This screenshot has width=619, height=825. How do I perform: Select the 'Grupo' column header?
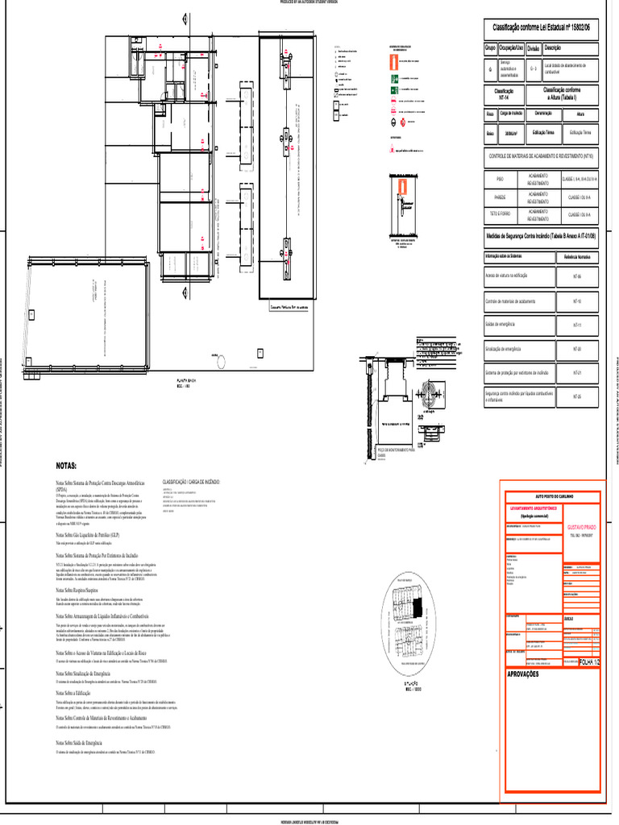click(490, 48)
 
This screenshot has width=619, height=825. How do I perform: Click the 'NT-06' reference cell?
click(576, 276)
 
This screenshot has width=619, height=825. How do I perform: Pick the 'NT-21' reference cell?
click(576, 373)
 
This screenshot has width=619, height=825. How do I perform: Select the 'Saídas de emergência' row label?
click(500, 324)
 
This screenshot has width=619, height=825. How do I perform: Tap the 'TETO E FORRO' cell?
click(500, 214)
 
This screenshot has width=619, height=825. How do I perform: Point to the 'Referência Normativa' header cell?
click(577, 256)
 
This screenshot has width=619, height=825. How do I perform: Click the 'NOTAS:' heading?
click(66, 466)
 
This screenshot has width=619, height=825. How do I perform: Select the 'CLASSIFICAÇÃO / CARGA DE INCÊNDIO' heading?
click(191, 481)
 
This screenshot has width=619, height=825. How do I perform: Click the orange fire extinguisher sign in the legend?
click(392, 61)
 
